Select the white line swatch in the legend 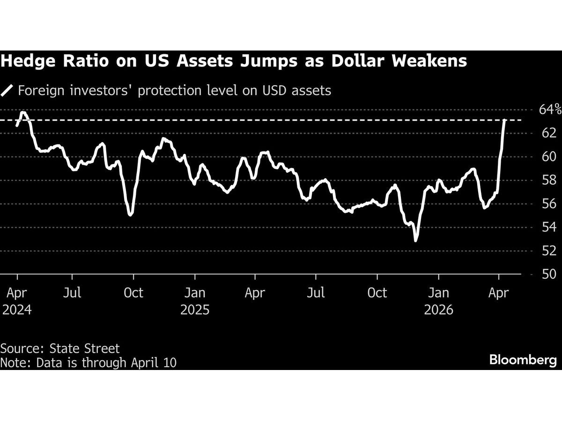(x=7, y=90)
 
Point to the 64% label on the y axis (x=550, y=110)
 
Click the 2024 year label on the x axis (x=17, y=310)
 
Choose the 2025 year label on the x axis (x=194, y=310)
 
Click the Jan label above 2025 (x=194, y=293)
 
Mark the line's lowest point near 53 (x=415, y=240)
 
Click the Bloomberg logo (x=523, y=360)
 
